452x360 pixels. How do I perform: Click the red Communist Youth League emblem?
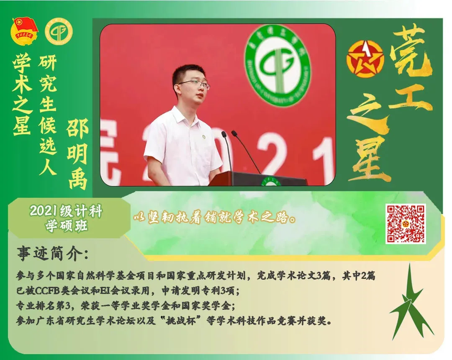coord(24,31)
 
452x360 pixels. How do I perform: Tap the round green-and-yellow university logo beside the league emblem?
coord(59,32)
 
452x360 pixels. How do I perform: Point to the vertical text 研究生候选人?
coord(48,115)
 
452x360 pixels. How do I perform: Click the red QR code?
coord(405,224)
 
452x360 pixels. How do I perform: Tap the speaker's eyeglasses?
coord(193,84)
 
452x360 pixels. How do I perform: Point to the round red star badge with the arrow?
coord(365,59)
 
